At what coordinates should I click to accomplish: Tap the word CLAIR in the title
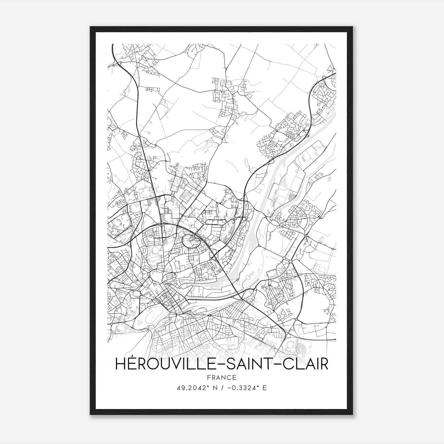pyautogui.click(x=305, y=364)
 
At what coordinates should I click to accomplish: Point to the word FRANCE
pyautogui.click(x=221, y=378)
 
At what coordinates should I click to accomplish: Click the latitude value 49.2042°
pyautogui.click(x=191, y=388)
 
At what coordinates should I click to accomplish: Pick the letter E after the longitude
pyautogui.click(x=264, y=388)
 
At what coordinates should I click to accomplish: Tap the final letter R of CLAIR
pyautogui.click(x=324, y=364)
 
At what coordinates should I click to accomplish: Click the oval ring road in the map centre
pyautogui.click(x=191, y=240)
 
